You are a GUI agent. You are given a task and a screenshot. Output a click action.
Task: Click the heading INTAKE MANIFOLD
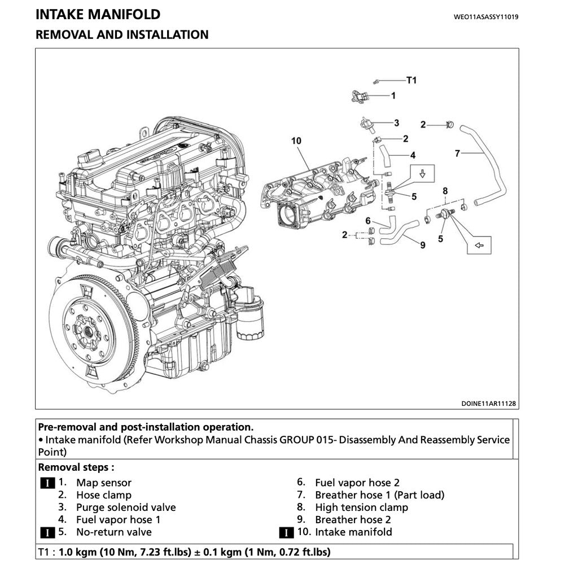(98, 15)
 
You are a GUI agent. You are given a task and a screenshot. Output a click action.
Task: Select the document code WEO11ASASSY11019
(486, 17)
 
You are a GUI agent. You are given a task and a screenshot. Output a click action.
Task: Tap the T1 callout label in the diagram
(411, 80)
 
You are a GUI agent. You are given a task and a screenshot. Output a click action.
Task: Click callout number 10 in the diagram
(296, 141)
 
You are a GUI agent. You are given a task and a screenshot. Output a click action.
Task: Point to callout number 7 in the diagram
(458, 152)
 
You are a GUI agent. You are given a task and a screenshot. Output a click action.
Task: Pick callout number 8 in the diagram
(445, 191)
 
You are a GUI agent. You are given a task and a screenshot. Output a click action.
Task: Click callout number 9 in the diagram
(422, 244)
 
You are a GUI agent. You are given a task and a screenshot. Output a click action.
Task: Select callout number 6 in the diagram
(368, 221)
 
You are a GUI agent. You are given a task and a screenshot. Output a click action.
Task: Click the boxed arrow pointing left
(479, 245)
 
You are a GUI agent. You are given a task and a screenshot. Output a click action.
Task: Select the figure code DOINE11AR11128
(489, 404)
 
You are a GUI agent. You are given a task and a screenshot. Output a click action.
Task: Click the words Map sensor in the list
(103, 483)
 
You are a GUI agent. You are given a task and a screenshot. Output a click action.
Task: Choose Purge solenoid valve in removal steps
(126, 507)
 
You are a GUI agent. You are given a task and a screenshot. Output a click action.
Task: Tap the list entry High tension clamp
(361, 507)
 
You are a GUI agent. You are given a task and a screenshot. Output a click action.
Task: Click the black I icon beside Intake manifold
(287, 532)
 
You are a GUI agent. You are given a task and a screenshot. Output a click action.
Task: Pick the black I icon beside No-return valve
(48, 532)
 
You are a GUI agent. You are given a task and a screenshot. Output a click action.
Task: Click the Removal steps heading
(76, 467)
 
